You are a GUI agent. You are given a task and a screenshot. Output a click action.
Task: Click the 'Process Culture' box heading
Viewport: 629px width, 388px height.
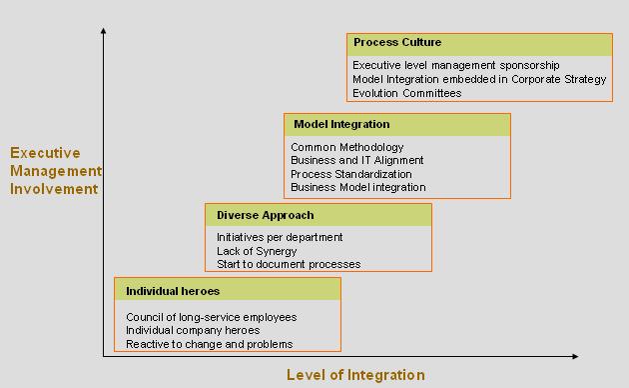[397, 43]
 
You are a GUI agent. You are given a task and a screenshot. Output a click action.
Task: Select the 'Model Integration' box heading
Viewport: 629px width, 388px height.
[341, 125]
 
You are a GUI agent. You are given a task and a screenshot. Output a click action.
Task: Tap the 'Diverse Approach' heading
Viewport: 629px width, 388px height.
[266, 215]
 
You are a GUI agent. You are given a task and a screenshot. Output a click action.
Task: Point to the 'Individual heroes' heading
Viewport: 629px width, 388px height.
[173, 291]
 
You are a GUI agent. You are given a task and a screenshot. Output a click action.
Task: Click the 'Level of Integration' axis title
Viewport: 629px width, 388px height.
[355, 375]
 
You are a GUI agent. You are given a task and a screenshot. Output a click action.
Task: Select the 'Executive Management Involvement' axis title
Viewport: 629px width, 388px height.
[55, 170]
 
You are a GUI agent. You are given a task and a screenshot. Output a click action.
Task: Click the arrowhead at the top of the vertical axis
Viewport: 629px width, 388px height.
[104, 33]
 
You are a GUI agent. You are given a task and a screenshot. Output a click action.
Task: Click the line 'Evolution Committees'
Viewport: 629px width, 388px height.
[407, 93]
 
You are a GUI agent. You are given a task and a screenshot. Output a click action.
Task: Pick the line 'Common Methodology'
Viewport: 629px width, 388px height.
[347, 147]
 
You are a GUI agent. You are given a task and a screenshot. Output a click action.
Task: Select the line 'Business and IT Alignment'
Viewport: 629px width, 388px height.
[357, 160]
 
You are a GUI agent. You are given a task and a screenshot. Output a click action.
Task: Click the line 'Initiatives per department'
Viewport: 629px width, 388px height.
[280, 237]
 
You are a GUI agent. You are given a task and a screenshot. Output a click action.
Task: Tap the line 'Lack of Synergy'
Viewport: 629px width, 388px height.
[257, 251]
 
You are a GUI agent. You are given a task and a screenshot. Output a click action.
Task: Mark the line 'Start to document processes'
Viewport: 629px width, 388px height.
[289, 264]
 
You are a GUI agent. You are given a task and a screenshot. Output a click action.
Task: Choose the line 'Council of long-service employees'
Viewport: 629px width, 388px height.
[212, 317]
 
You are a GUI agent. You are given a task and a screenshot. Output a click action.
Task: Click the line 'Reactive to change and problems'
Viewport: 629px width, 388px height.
[210, 344]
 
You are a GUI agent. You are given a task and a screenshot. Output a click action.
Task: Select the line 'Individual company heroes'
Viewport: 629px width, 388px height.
[193, 330]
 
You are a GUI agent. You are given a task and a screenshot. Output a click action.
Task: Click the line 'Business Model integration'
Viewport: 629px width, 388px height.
[358, 187]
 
